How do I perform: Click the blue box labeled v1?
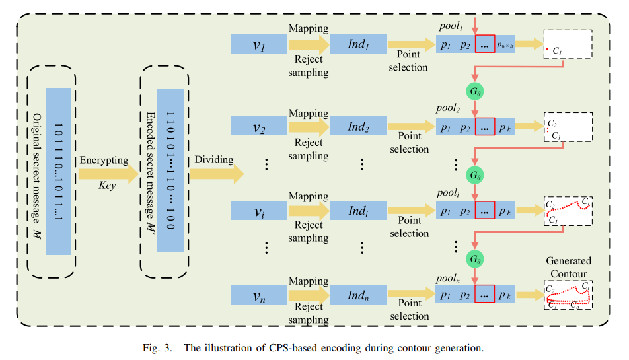258,44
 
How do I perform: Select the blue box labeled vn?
258,295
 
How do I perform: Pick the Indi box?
357,211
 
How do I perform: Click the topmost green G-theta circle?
475,90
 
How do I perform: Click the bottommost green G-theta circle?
475,258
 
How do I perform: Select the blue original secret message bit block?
59,170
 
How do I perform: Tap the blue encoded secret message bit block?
170,170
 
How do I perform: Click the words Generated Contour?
568,267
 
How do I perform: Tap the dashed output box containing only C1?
568,44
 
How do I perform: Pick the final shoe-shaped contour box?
568,295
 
